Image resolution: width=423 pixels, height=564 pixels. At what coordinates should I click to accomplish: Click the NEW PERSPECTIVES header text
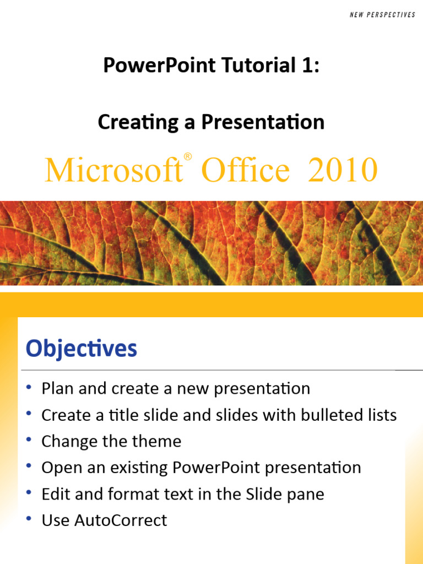pyautogui.click(x=382, y=15)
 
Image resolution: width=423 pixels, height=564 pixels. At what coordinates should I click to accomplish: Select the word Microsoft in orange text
pyautogui.click(x=113, y=170)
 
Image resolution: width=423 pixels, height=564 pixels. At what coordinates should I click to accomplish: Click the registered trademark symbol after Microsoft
pyautogui.click(x=188, y=158)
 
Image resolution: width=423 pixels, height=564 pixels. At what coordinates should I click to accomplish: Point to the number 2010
pyautogui.click(x=343, y=170)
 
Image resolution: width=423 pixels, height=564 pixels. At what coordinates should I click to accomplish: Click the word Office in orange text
pyautogui.click(x=245, y=170)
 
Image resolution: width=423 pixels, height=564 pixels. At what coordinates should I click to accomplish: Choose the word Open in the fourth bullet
pyautogui.click(x=59, y=468)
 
